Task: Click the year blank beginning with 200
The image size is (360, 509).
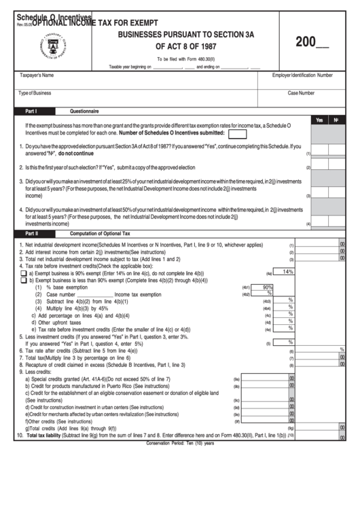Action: (x=312, y=42)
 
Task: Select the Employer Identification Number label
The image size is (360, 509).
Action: (x=302, y=75)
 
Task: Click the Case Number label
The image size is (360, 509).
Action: (x=302, y=93)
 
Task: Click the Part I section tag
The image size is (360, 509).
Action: (x=31, y=110)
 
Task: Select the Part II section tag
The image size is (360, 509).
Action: (x=32, y=233)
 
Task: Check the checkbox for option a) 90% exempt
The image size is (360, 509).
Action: (x=23, y=273)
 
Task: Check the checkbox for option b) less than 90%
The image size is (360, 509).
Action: (x=23, y=280)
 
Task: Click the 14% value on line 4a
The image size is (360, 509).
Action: (x=287, y=272)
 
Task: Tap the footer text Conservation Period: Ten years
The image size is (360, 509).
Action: (x=180, y=442)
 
